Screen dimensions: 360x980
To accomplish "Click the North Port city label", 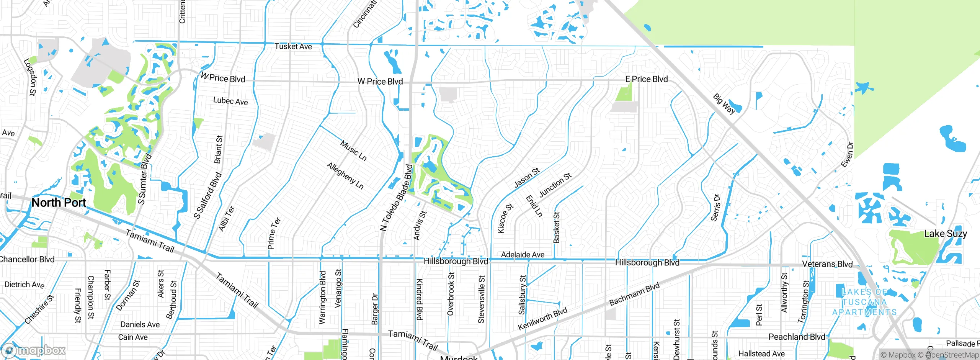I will click(x=59, y=203).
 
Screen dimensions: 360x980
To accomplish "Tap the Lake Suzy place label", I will click(x=945, y=234).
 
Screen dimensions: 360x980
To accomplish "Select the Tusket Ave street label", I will click(x=293, y=47).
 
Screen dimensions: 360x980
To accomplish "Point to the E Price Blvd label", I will click(x=646, y=79).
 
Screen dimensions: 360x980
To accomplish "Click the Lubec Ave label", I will click(x=230, y=101).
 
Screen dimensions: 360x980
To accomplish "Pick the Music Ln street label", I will click(x=353, y=151).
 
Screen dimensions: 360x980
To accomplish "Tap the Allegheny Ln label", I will click(x=345, y=175).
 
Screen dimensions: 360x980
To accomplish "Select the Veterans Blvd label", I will click(x=827, y=264).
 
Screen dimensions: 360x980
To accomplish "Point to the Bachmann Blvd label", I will click(x=634, y=294).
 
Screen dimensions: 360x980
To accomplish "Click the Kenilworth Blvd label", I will click(x=542, y=319).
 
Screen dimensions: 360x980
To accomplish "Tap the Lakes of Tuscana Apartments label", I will click(x=864, y=302).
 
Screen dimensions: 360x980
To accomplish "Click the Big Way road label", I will click(x=724, y=103).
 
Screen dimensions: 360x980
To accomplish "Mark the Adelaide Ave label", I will click(x=523, y=255).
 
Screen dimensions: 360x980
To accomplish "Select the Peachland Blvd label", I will click(x=797, y=337).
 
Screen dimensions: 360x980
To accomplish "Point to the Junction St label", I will click(x=555, y=185).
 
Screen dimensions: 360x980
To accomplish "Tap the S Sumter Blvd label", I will click(x=144, y=179).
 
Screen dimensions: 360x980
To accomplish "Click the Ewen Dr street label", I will click(x=847, y=155).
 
